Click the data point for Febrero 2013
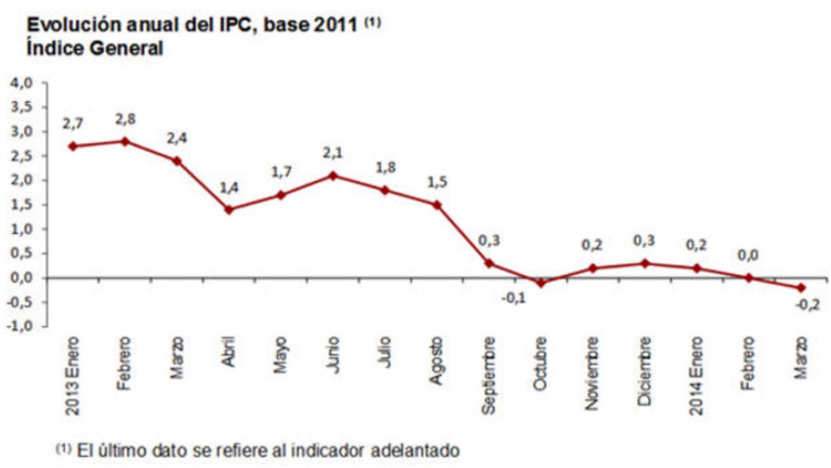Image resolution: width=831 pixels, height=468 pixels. [x=125, y=141]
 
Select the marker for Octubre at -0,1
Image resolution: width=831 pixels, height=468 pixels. [x=540, y=283]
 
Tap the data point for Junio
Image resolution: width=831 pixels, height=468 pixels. [x=333, y=176]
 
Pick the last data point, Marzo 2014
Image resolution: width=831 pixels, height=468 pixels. [x=800, y=288]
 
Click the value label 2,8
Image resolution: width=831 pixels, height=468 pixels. [x=125, y=119]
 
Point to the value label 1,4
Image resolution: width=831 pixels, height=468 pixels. [x=229, y=188]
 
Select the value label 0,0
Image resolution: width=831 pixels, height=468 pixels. [x=748, y=256]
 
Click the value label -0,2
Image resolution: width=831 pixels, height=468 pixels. [x=807, y=305]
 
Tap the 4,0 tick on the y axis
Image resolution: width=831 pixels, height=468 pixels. [x=21, y=83]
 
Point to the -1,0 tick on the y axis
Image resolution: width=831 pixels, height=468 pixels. [x=20, y=326]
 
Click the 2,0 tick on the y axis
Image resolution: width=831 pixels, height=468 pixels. [x=21, y=180]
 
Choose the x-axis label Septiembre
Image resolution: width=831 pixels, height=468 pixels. [x=488, y=376]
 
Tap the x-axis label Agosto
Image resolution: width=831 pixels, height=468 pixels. [x=436, y=361]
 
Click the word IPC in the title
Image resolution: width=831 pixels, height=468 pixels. [x=233, y=25]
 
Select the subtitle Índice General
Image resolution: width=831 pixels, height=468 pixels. [x=95, y=48]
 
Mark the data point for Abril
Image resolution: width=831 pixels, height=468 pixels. [x=229, y=210]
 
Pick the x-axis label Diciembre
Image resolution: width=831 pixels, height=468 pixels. [x=644, y=371]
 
